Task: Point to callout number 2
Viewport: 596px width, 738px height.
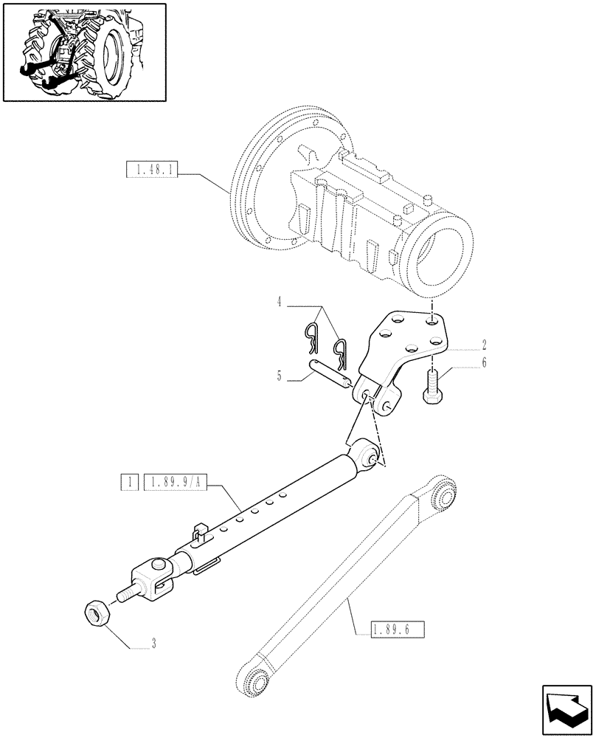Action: pyautogui.click(x=484, y=345)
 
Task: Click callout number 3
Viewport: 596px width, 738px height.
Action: pyautogui.click(x=153, y=646)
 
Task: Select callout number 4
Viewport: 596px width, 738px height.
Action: pyautogui.click(x=280, y=302)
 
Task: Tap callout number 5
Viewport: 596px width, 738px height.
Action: pyautogui.click(x=279, y=376)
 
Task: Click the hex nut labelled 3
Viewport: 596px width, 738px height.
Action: pyautogui.click(x=97, y=612)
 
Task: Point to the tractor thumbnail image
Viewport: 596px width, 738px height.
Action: pyautogui.click(x=84, y=52)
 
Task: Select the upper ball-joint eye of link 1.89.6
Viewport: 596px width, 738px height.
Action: pyautogui.click(x=446, y=492)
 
